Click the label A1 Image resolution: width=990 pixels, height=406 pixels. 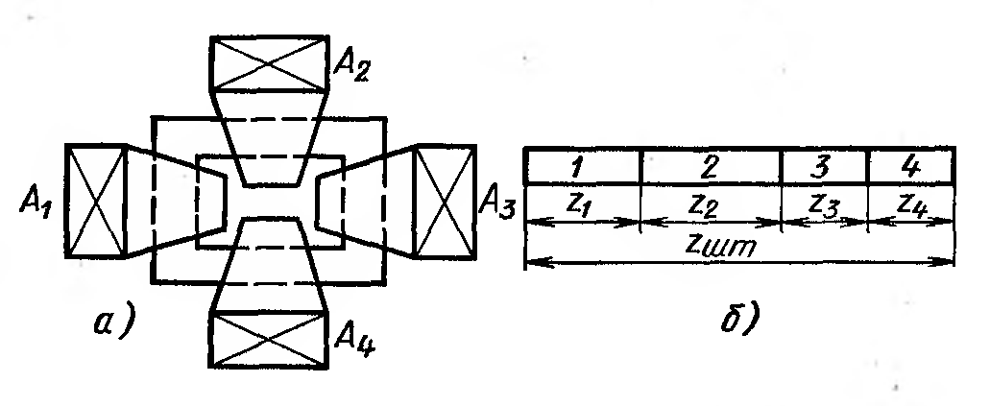(x=35, y=203)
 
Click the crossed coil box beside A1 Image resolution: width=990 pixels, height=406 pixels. (x=96, y=201)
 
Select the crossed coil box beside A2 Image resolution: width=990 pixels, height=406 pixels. (x=270, y=62)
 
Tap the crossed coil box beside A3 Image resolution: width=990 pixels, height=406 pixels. (x=444, y=201)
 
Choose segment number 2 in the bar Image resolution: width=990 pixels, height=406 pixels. (x=711, y=166)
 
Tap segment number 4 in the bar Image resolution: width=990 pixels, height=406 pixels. (x=909, y=166)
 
